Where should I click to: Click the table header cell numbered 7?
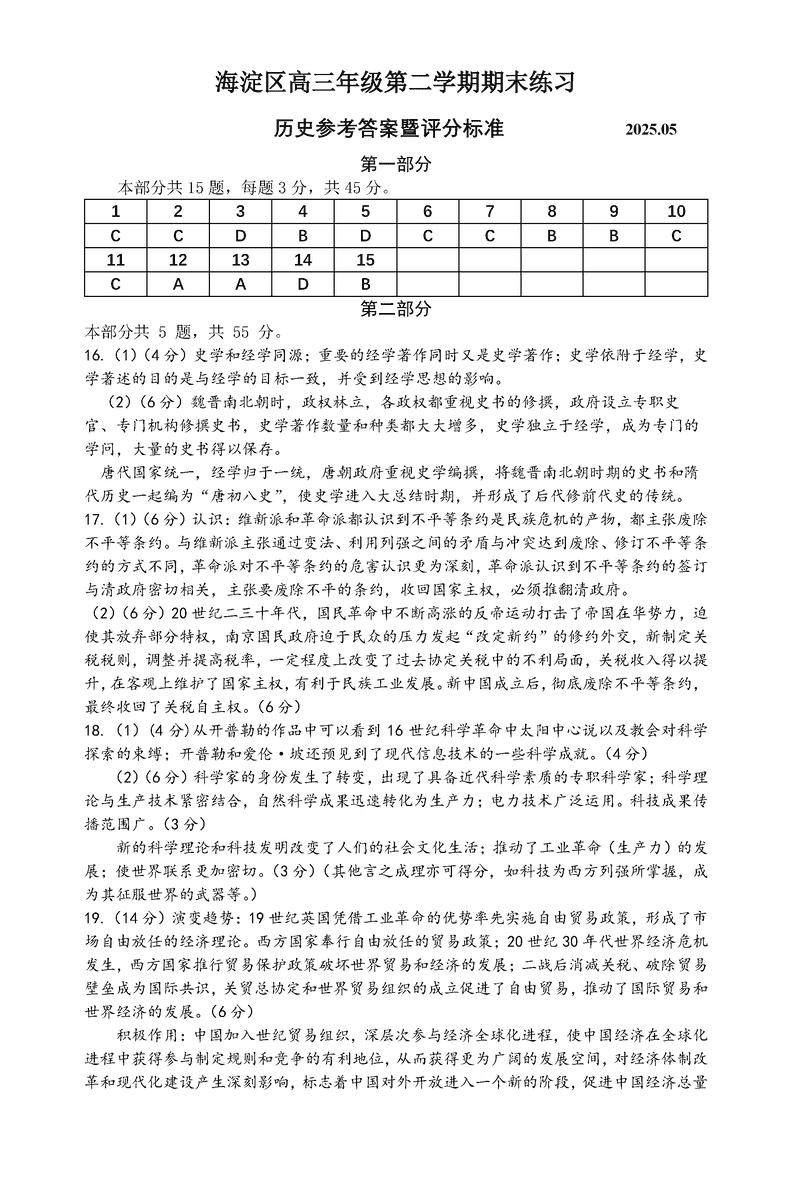pyautogui.click(x=490, y=211)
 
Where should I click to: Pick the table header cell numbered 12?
pyautogui.click(x=178, y=260)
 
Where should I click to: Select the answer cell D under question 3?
pyautogui.click(x=241, y=236)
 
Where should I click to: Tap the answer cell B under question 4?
pyautogui.click(x=303, y=236)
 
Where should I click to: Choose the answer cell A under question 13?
pyautogui.click(x=241, y=284)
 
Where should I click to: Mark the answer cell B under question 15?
pyautogui.click(x=365, y=284)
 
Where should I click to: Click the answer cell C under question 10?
pyautogui.click(x=676, y=236)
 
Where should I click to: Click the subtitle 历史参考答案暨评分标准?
pyautogui.click(x=388, y=129)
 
